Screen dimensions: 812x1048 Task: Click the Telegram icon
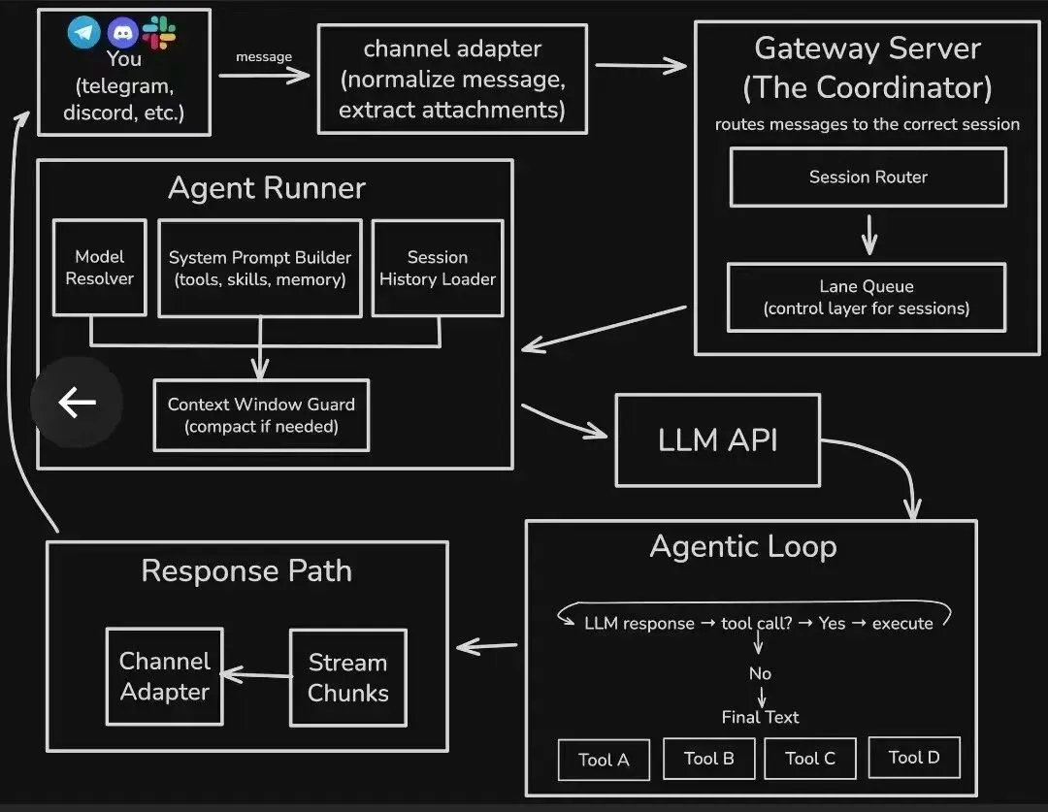[x=84, y=33]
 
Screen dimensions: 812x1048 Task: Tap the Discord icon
[x=123, y=33]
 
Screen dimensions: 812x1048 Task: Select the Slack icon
[x=160, y=33]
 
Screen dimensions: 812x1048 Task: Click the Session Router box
[x=868, y=178]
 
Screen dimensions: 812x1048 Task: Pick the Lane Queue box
[x=866, y=297]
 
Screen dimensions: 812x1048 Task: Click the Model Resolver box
[x=99, y=268]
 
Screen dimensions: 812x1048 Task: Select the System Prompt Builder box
[x=259, y=268]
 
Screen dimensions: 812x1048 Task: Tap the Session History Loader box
[x=437, y=268]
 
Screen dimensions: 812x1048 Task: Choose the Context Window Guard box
[x=261, y=415]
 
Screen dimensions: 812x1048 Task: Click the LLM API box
[x=717, y=439]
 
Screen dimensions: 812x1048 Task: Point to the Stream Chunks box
[x=347, y=677]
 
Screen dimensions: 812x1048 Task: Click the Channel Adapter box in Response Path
[x=164, y=676]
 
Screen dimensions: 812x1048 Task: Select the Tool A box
[x=604, y=760]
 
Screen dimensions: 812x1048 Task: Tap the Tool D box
[x=913, y=757]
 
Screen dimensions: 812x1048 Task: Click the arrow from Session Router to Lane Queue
[x=868, y=234]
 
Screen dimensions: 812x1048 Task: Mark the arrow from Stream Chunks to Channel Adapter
[x=256, y=674]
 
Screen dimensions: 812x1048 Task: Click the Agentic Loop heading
[x=742, y=546]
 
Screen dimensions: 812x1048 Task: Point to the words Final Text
[x=760, y=717]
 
